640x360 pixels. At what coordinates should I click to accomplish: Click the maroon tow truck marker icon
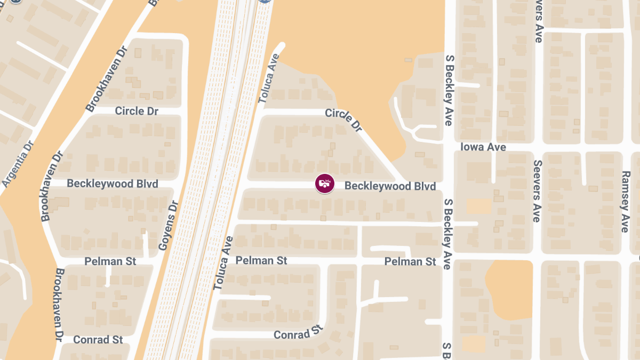click(x=325, y=183)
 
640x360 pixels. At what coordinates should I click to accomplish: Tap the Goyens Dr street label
click(x=167, y=226)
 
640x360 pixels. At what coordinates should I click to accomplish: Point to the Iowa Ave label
click(x=483, y=147)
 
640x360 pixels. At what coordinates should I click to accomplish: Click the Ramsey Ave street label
click(x=626, y=202)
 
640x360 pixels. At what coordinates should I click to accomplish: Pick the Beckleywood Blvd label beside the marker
click(x=390, y=186)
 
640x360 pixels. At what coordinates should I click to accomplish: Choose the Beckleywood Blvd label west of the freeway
click(x=113, y=183)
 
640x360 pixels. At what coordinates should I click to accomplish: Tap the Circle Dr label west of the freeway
click(x=137, y=111)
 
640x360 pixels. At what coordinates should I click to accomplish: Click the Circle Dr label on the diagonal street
click(x=344, y=120)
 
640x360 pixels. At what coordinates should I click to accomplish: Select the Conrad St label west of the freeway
click(x=98, y=340)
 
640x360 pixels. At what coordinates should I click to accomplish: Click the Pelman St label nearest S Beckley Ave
click(x=410, y=261)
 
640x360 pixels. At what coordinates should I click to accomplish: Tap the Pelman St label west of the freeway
click(x=110, y=261)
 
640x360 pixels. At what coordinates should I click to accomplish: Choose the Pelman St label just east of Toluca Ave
click(x=261, y=260)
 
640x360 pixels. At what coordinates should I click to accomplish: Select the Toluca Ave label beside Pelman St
click(x=223, y=263)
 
